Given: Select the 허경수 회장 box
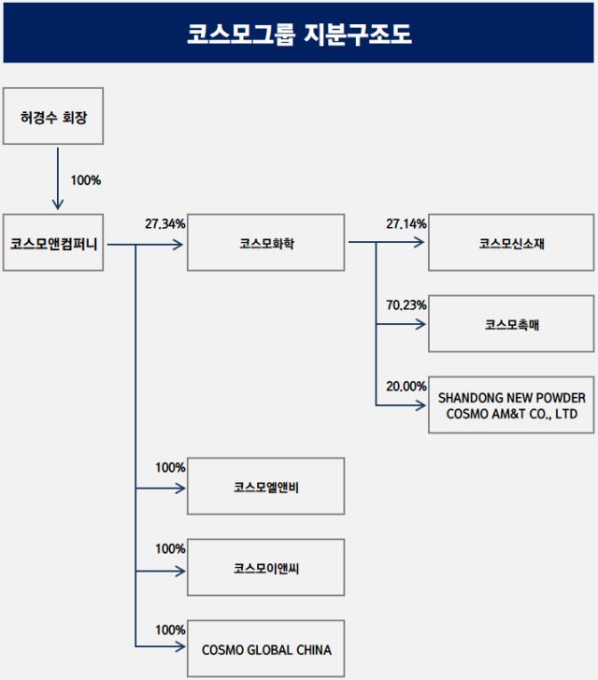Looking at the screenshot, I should click(53, 117).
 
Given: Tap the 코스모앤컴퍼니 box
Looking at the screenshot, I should click(53, 243).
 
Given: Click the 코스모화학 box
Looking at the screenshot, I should click(266, 244).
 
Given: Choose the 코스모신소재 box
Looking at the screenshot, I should click(511, 244).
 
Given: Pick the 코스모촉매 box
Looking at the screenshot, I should click(511, 324).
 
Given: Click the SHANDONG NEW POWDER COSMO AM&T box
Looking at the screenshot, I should click(511, 405).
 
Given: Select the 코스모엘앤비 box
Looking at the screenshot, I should click(266, 487).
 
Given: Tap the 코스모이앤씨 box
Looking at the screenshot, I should click(266, 568).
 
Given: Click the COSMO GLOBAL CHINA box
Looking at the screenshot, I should click(266, 649).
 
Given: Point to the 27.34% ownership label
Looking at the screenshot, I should click(164, 224).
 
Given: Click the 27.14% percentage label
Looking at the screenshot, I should click(406, 224).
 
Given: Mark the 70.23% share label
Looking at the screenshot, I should click(406, 305).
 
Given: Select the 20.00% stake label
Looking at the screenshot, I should click(406, 386).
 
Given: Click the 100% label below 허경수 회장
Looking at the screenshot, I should click(85, 179).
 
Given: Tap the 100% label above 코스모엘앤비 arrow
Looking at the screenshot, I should click(170, 467).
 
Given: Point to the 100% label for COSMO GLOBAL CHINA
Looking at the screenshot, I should click(170, 630).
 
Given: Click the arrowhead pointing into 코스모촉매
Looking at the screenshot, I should click(421, 324).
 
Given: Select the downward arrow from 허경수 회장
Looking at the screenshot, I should click(56, 177).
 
